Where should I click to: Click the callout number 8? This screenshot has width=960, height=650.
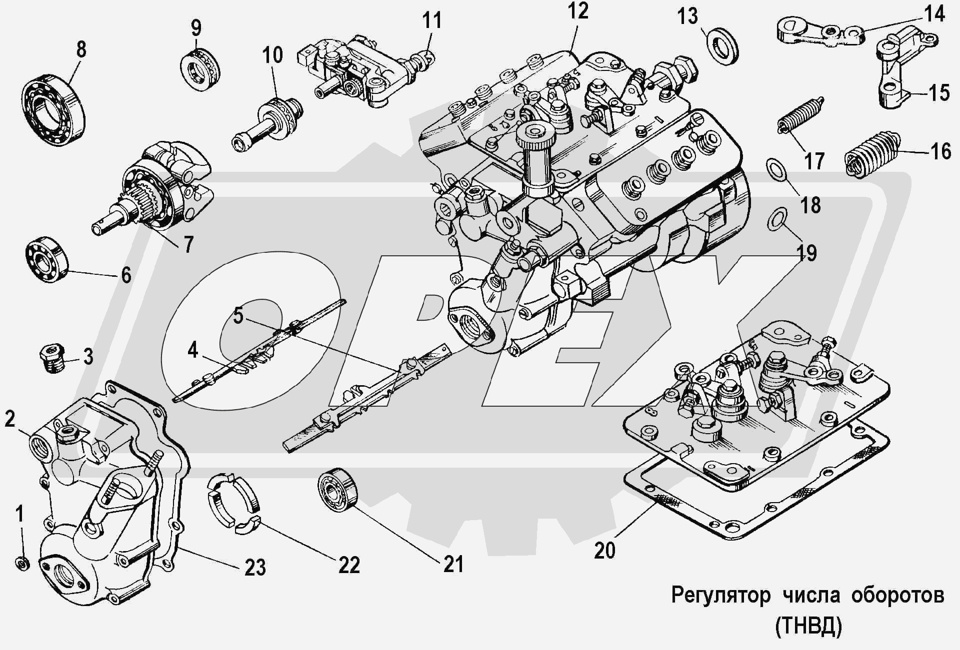81,49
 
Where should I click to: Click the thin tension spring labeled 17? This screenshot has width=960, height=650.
799,116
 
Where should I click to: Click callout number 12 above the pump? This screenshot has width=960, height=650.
578,11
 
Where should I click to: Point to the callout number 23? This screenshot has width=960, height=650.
255,568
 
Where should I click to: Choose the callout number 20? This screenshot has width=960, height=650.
604,550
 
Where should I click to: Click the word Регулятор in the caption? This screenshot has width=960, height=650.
720,596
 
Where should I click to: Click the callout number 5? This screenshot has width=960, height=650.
238,316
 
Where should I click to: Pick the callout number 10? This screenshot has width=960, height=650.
272,55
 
